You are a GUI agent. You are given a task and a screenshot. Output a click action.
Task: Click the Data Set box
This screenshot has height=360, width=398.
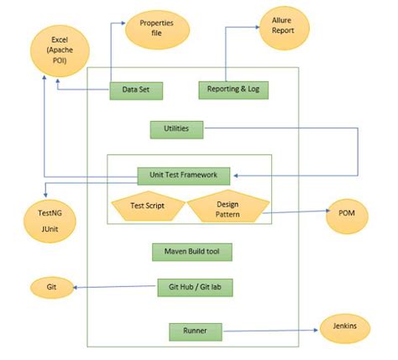tap(136, 89)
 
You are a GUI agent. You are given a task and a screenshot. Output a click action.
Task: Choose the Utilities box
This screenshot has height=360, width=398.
tap(176, 129)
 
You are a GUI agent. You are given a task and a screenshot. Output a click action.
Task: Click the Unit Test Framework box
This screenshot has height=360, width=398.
tap(183, 175)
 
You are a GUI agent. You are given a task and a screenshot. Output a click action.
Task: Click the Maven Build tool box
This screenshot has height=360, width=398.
tap(192, 252)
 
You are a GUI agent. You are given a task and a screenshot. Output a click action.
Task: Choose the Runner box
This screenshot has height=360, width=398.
tap(196, 331)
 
